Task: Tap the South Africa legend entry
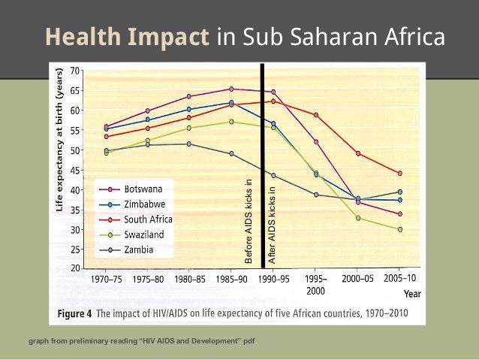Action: coord(148,219)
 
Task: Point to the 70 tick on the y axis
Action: coord(76,71)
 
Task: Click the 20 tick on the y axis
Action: coord(76,268)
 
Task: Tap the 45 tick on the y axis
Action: coord(76,169)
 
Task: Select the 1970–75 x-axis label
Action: coord(106,278)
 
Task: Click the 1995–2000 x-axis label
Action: coord(315,283)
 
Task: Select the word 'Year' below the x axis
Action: coord(412,294)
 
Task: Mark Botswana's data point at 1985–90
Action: coord(231,89)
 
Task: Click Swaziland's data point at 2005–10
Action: coord(399,229)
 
